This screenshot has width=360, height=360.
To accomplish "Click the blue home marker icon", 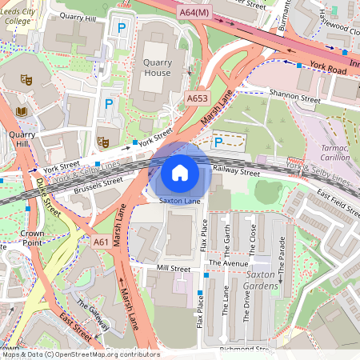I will pyautogui.click(x=180, y=172).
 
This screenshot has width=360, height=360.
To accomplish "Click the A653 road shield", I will pyautogui.click(x=197, y=98).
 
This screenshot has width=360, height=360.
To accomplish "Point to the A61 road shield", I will pyautogui.click(x=101, y=242).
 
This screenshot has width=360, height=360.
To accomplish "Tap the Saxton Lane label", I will pyautogui.click(x=180, y=201).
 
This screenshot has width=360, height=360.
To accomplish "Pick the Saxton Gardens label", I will pyautogui.click(x=276, y=279).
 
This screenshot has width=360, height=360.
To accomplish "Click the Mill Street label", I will pyautogui.click(x=174, y=268).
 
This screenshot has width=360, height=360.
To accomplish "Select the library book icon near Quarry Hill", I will pyautogui.click(x=21, y=111).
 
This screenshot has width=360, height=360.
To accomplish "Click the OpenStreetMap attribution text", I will pyautogui.click(x=80, y=354).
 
